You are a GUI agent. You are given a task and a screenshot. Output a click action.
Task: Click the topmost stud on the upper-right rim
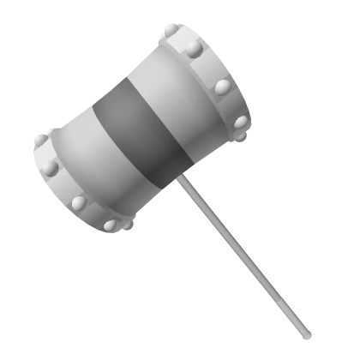coord(171,30)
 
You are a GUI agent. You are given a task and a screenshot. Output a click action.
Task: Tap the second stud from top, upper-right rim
coord(195,49)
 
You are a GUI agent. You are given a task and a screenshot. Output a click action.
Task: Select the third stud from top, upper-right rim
coord(222,87)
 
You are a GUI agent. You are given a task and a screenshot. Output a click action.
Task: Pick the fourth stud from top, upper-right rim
coord(241,122)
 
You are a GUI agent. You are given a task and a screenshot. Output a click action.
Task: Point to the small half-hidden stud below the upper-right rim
coord(239,136)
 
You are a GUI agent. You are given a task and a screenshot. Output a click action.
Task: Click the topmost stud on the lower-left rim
coord(38,140)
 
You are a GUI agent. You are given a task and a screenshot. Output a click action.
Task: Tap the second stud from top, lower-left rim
coord(50,167)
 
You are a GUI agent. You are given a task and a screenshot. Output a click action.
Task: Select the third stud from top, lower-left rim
coord(79,203)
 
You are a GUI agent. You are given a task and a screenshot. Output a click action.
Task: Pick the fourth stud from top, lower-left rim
coord(110,225)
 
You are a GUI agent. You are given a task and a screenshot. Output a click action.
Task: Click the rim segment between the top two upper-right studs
coord(183,39)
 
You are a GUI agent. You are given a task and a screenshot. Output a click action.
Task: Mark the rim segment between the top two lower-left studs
coord(43,153)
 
